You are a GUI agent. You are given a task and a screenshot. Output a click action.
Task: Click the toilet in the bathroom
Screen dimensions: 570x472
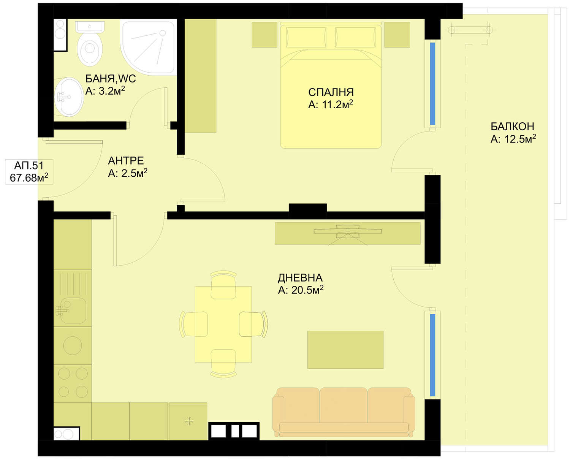click(90, 44)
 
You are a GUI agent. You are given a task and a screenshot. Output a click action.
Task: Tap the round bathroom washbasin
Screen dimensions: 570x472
click(69, 97)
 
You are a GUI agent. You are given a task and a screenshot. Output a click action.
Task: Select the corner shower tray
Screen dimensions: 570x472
click(148, 48)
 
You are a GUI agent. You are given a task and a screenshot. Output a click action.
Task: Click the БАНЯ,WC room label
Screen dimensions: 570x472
click(110, 79)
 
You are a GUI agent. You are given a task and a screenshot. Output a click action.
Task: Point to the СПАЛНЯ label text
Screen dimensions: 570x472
click(331, 92)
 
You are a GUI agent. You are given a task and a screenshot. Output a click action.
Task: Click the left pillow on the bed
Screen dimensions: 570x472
click(306, 37)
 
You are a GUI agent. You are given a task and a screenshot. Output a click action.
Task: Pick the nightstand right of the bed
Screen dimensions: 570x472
click(397, 35)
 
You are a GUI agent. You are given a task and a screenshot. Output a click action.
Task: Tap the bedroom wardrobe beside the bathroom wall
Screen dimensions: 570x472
click(201, 76)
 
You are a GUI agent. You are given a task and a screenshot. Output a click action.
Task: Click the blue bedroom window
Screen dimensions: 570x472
click(432, 83)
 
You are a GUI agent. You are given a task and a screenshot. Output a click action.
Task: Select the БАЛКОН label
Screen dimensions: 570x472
click(512, 127)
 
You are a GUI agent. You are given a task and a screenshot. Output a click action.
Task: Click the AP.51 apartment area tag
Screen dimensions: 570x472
click(29, 171)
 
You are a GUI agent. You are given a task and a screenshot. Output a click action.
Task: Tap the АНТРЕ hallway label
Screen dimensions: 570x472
click(126, 161)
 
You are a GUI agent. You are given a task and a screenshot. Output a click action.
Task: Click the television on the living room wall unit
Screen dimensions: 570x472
click(348, 231)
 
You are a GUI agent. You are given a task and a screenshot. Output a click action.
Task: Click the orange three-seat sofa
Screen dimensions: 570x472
click(344, 412)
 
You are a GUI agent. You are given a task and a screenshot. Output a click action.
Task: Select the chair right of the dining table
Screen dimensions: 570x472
click(253, 324)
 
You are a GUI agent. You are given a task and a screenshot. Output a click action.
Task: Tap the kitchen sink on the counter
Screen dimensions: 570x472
click(71, 310)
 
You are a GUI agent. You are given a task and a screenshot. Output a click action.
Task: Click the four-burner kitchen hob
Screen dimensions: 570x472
click(73, 383)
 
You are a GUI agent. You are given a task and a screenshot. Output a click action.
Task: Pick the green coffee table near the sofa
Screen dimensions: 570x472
click(345, 350)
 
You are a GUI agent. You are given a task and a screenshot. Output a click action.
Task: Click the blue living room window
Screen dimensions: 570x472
click(432, 355)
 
